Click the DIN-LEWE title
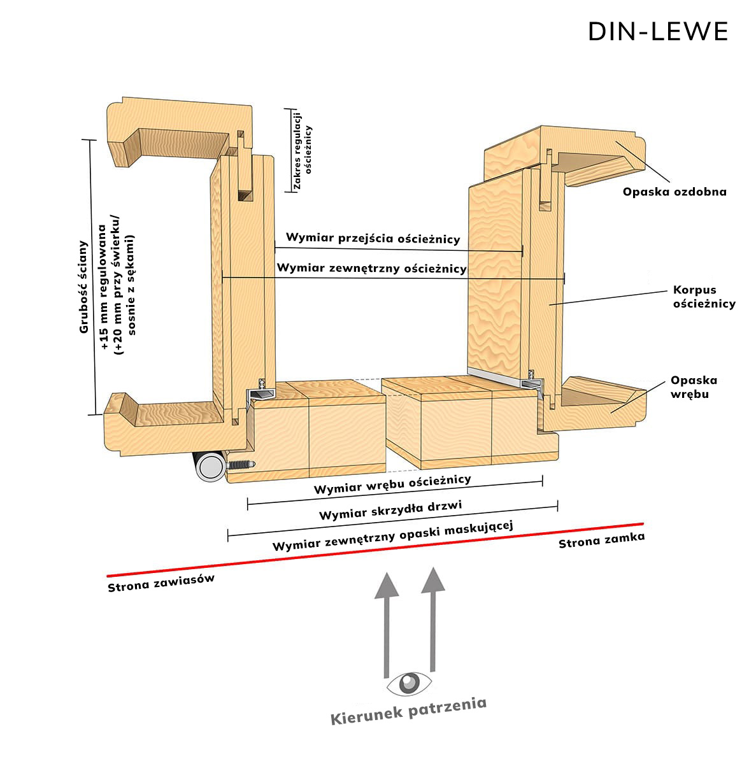pos(658,31)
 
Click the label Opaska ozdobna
pos(674,191)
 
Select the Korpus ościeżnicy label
pos(704,297)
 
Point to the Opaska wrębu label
pos(694,387)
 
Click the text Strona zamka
pos(601,541)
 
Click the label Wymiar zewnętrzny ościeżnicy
pos(372,269)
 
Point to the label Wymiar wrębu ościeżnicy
pos(392,485)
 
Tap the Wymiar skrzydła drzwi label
pos(390,510)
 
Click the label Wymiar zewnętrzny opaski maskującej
pos(392,537)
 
